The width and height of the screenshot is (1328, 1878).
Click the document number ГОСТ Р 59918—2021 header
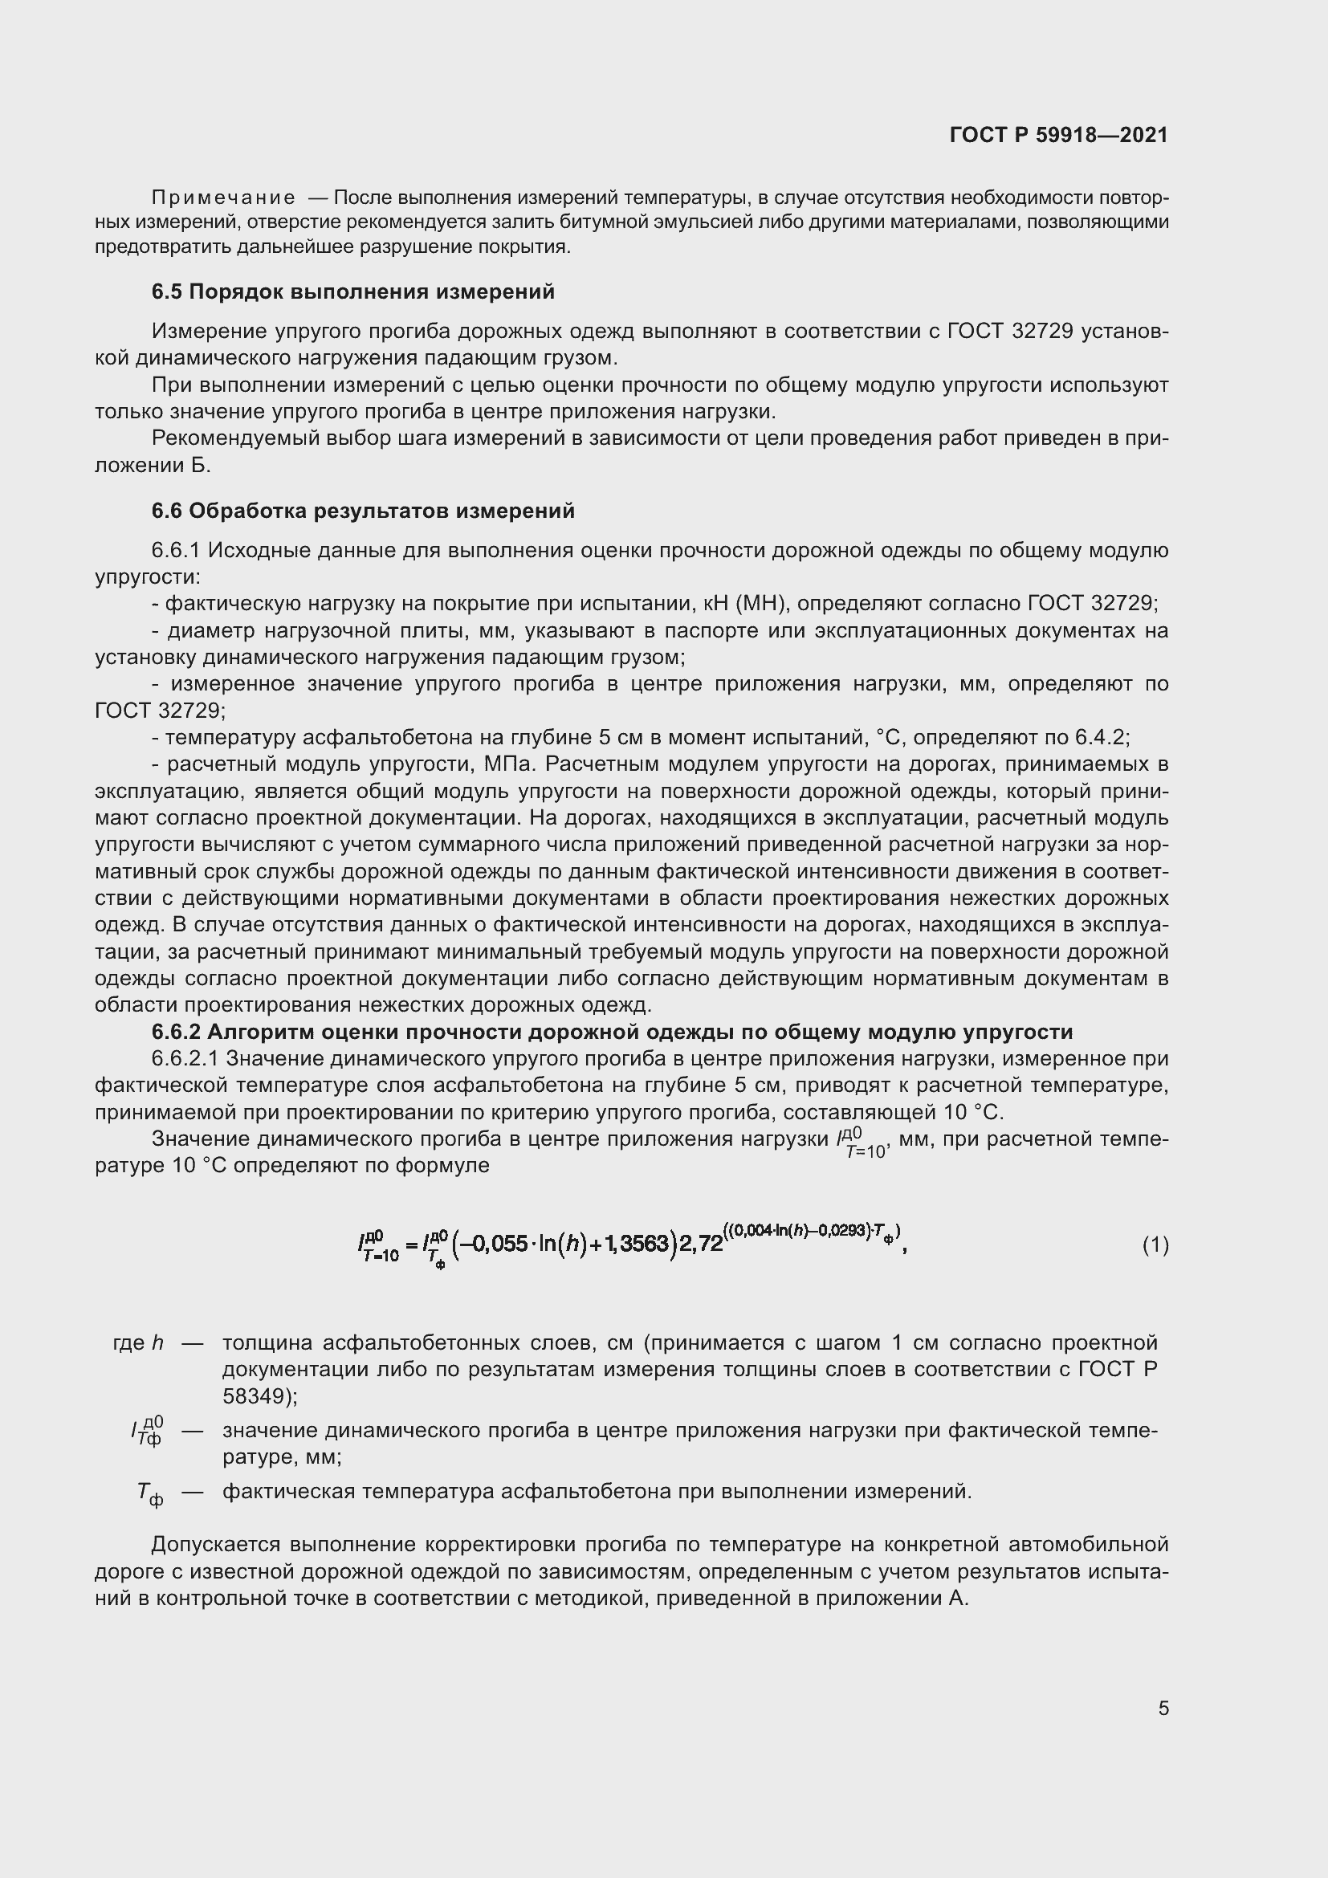tap(1058, 135)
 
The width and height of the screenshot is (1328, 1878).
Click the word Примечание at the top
tap(223, 198)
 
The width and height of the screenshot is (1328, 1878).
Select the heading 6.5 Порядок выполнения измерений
tap(352, 292)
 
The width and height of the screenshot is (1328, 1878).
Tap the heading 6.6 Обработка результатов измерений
tap(363, 511)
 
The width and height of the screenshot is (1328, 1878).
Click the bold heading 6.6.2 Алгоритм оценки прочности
tap(612, 1033)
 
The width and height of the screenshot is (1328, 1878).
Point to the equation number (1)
tap(1155, 1246)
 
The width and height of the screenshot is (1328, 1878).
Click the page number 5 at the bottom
tap(1163, 1708)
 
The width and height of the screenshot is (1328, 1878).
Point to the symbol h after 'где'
tap(158, 1343)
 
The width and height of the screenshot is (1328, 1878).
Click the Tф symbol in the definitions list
tap(149, 1493)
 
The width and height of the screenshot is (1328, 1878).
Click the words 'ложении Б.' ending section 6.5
tap(153, 466)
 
